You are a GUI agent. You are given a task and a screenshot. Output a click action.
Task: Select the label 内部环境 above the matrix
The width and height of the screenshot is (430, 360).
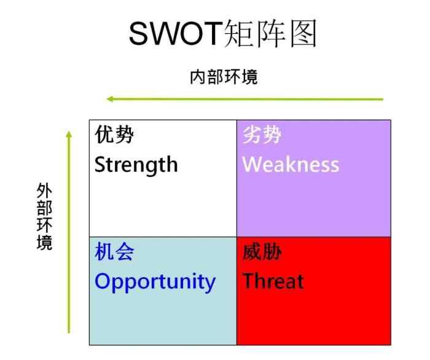tap(224, 77)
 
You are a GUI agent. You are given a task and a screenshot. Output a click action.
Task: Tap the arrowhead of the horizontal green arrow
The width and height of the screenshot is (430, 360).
tap(109, 99)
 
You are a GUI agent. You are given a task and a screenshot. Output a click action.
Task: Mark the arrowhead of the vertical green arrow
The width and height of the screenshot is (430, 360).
tap(69, 133)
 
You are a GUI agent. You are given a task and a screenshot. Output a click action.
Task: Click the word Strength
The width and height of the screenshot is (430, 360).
tap(136, 165)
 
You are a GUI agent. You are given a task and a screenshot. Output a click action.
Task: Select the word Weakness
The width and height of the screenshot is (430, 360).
tap(291, 165)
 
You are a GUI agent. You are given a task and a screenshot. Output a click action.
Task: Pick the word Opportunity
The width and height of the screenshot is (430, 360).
tap(155, 281)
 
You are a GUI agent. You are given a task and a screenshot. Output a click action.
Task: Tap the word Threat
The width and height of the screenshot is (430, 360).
tap(273, 281)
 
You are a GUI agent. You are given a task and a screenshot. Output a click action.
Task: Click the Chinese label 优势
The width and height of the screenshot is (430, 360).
tap(114, 135)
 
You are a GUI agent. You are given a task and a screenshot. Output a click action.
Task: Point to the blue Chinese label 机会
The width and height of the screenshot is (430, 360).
tap(114, 252)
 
